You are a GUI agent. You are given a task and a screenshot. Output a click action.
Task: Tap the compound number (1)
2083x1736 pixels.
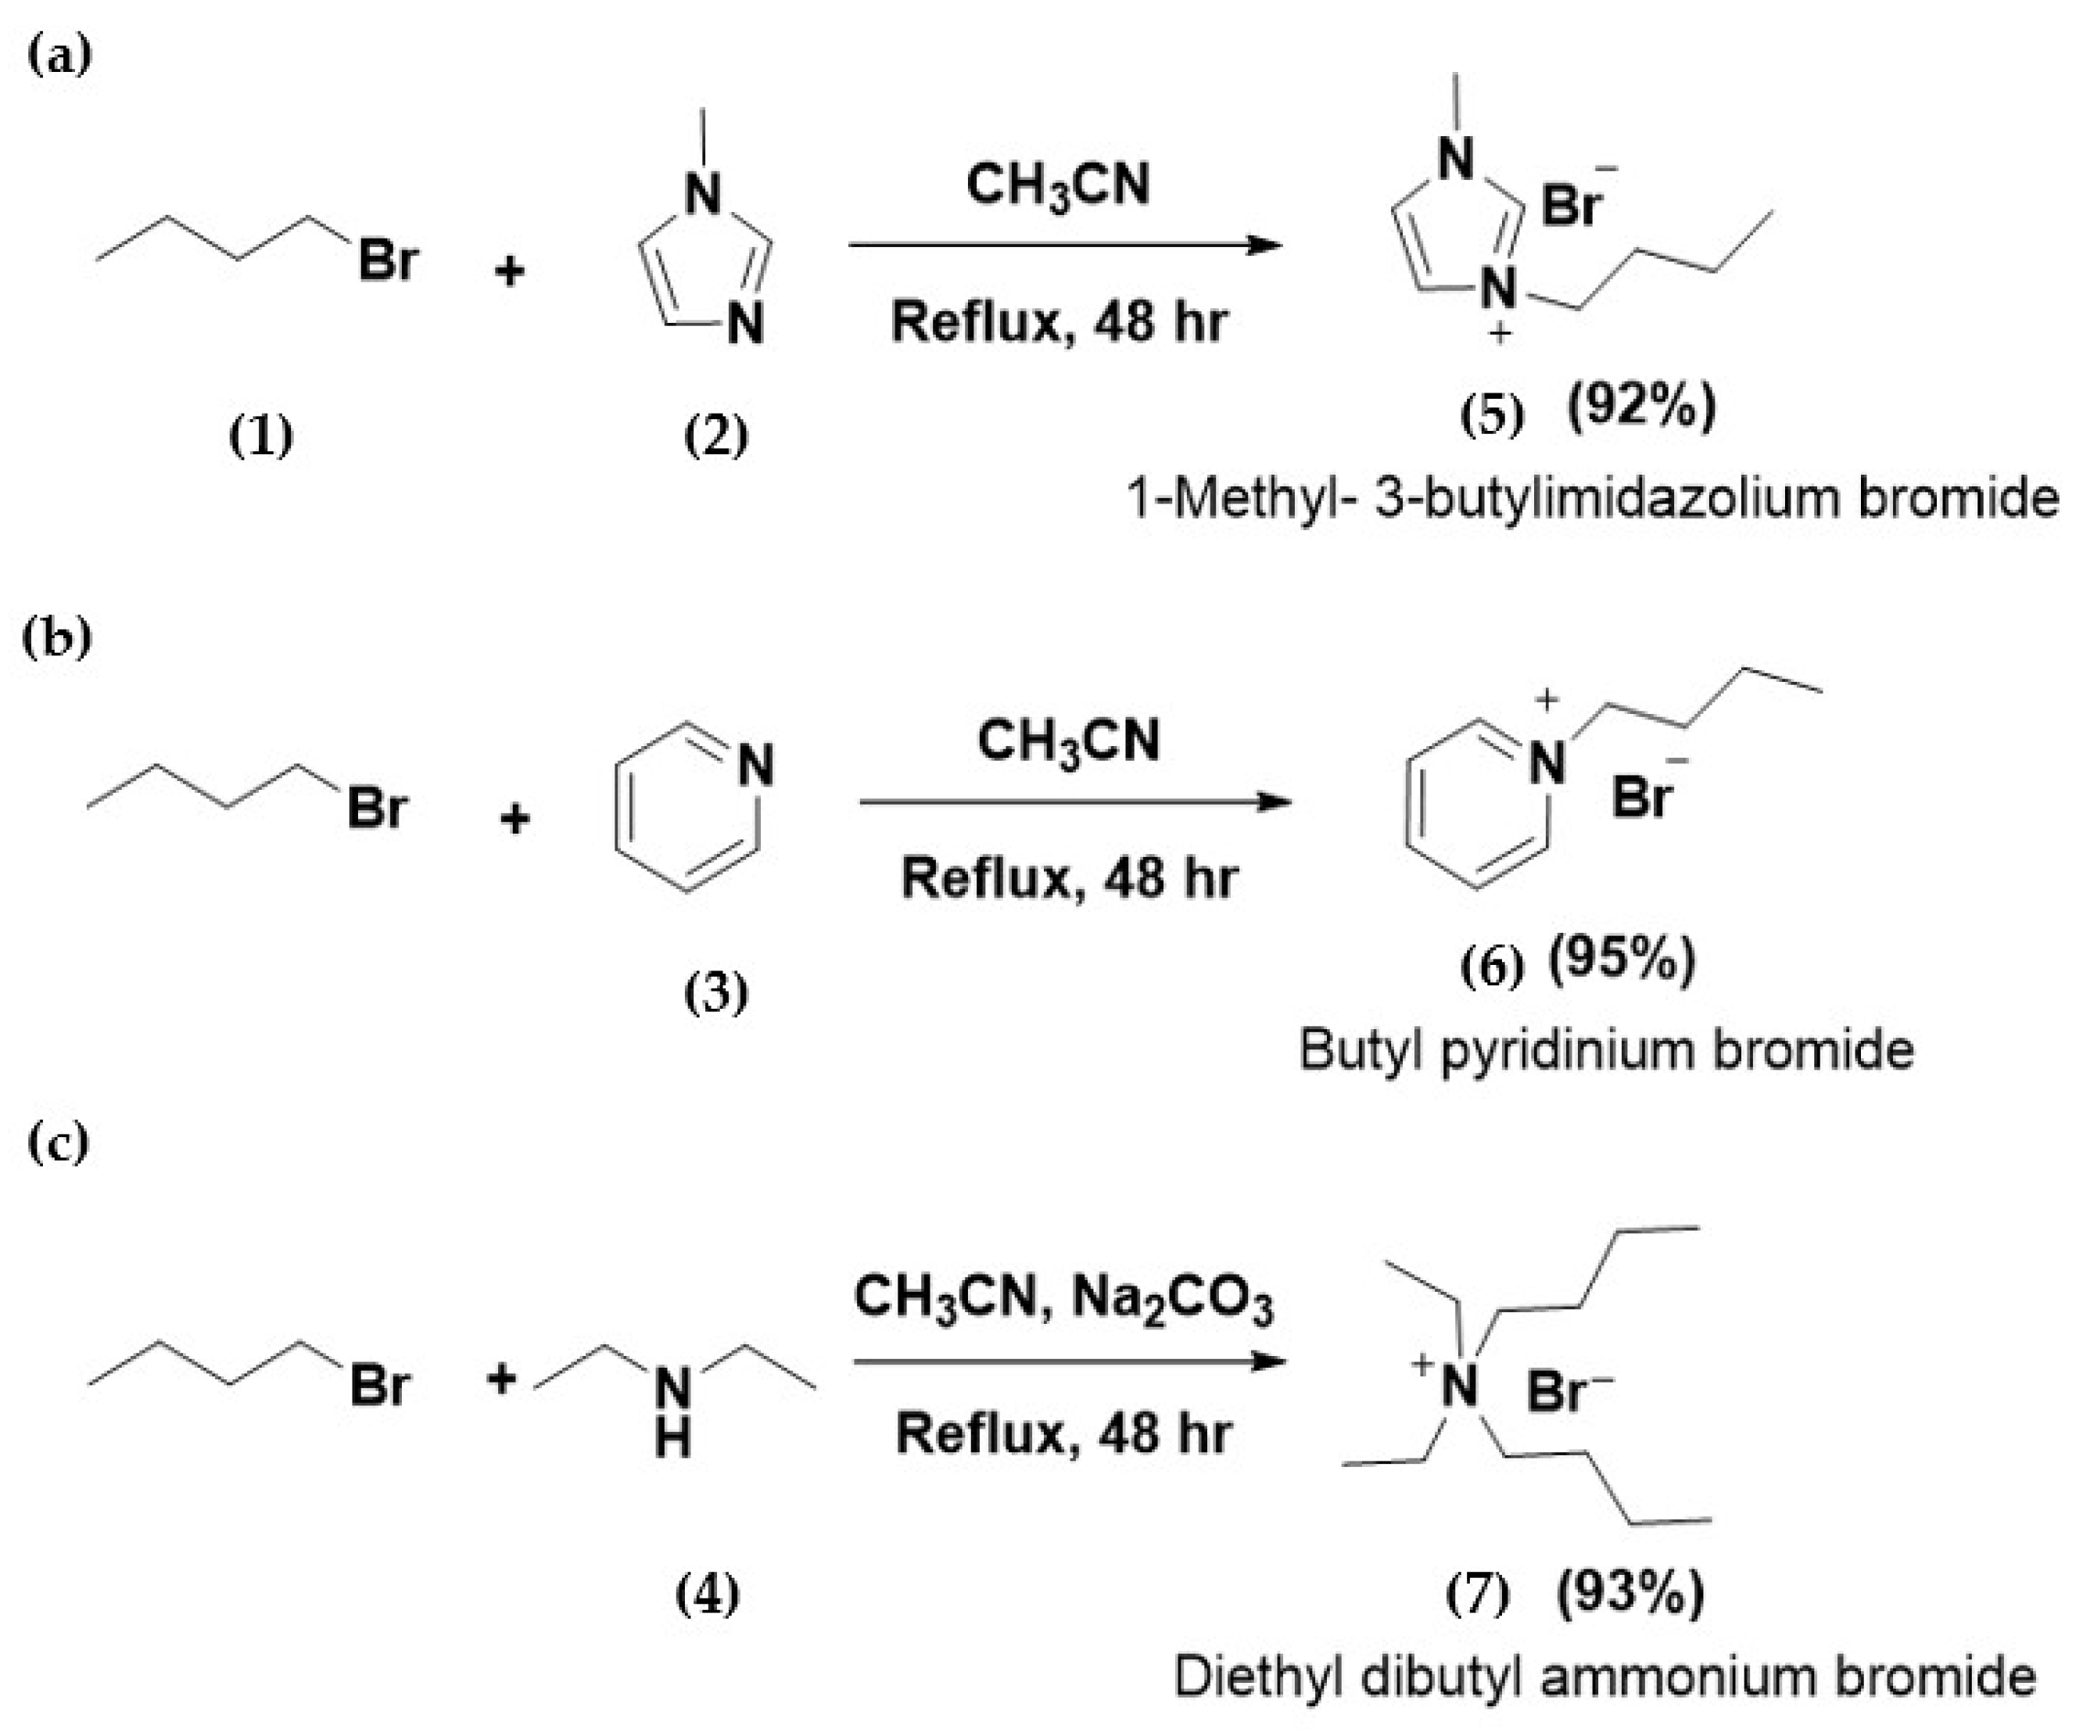[x=261, y=436]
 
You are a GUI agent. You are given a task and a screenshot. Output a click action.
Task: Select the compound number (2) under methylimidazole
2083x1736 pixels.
[x=716, y=436]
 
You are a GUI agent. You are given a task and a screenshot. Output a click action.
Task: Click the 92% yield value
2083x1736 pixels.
[x=1640, y=407]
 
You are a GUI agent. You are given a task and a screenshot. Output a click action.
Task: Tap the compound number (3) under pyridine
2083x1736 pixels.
[x=716, y=993]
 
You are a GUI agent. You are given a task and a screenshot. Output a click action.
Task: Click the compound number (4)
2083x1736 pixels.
[x=707, y=1596]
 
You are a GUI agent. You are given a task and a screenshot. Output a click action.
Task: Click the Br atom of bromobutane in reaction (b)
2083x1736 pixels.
[x=377, y=809]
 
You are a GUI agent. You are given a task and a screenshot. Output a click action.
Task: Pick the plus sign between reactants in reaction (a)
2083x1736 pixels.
[x=509, y=270]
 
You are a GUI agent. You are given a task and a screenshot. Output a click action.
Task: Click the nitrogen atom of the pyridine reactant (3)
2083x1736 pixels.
[x=756, y=766]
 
